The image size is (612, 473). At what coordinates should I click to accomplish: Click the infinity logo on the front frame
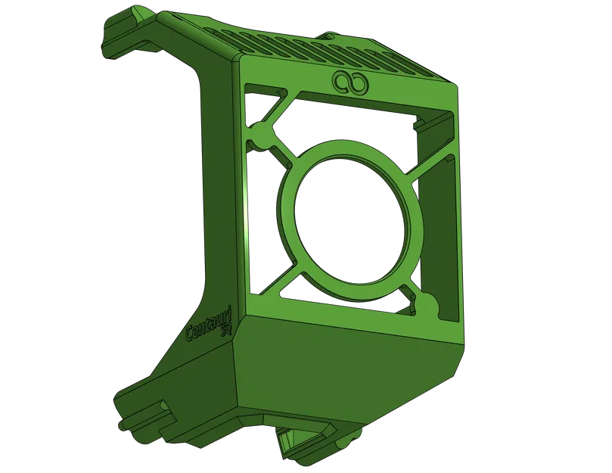pos(349,80)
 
